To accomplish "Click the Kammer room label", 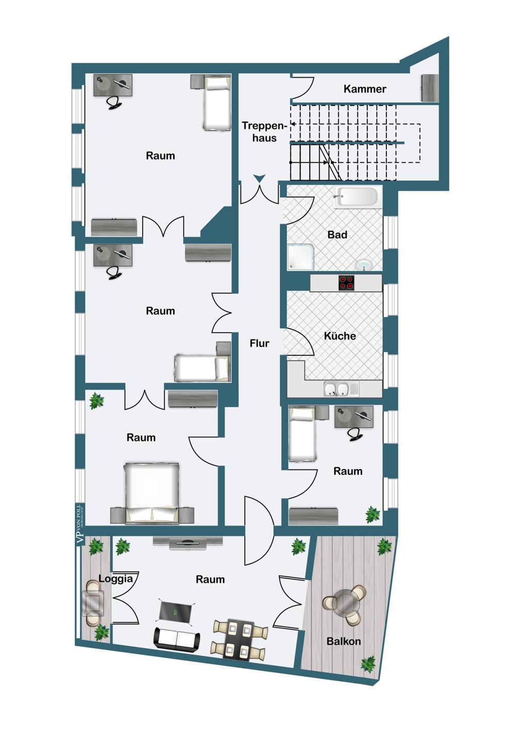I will click(365, 89).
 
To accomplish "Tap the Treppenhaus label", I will click(264, 132).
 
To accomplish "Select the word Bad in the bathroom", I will click(337, 234).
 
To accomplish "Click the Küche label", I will click(340, 336).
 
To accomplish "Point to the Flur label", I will click(259, 343).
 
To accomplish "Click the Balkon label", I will click(343, 641).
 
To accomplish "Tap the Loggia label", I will click(116, 579).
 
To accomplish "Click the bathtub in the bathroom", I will click(357, 197).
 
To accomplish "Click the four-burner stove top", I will click(346, 282).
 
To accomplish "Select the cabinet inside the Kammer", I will click(429, 88).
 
